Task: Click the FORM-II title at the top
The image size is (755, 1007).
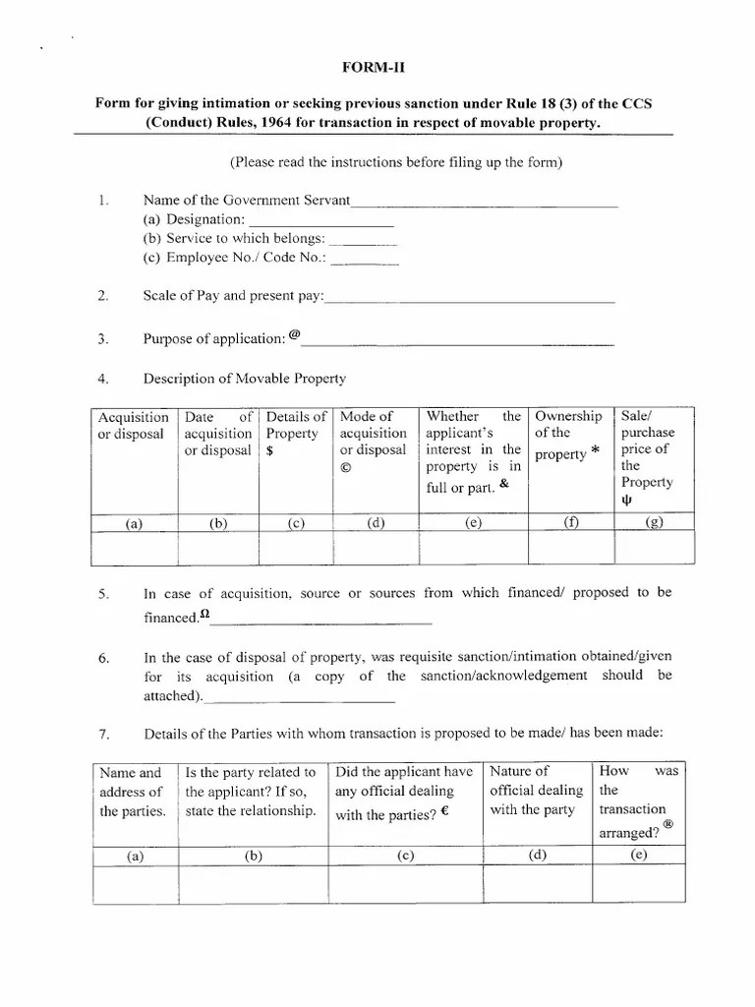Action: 377,68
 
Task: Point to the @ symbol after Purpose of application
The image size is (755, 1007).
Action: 295,334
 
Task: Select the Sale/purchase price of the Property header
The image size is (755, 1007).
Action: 648,457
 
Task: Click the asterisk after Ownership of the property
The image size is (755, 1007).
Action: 596,451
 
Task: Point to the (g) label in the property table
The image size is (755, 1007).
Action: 654,523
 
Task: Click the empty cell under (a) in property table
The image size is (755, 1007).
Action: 135,548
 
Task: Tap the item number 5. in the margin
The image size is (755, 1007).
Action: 104,595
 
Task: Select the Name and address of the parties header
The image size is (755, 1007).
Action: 132,792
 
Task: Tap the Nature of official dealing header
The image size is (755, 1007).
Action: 536,790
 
